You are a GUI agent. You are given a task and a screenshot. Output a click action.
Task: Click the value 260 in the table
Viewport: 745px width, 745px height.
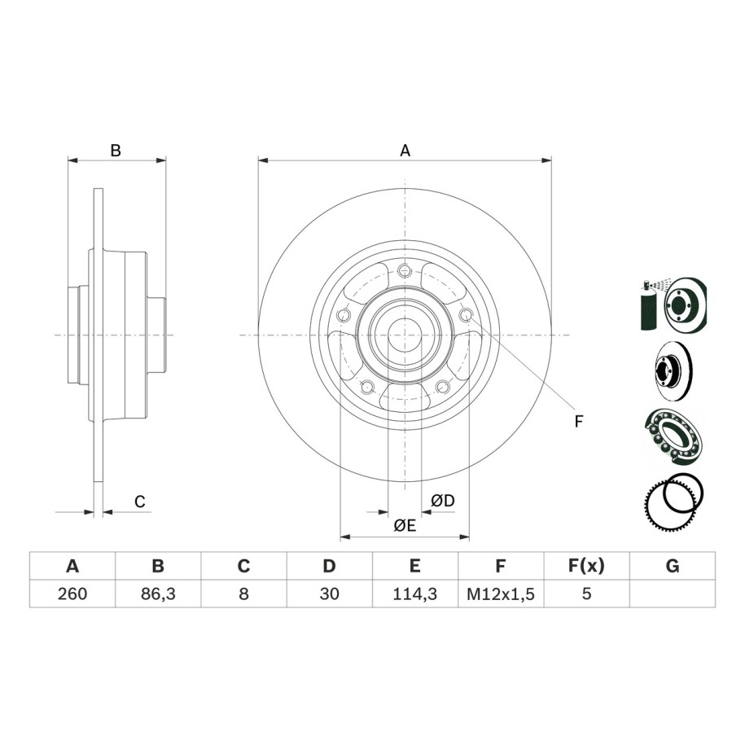(72, 594)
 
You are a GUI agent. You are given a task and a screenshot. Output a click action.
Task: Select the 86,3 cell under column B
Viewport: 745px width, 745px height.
(158, 594)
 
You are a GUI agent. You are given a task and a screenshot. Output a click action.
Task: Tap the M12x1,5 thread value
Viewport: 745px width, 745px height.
(501, 594)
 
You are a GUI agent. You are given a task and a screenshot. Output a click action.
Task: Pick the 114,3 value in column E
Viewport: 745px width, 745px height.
(414, 594)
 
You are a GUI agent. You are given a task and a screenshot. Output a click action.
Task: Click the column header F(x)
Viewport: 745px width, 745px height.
(586, 566)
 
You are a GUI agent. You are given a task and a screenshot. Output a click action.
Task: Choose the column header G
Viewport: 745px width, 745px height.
(673, 566)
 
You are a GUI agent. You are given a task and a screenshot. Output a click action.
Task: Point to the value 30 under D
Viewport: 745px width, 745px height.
(329, 594)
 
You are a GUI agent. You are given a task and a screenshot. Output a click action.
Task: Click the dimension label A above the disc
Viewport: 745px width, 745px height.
(405, 151)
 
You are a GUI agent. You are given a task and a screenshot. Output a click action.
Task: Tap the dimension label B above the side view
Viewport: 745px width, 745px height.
(116, 151)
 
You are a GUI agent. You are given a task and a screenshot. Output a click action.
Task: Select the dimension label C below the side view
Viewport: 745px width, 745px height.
(140, 502)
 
